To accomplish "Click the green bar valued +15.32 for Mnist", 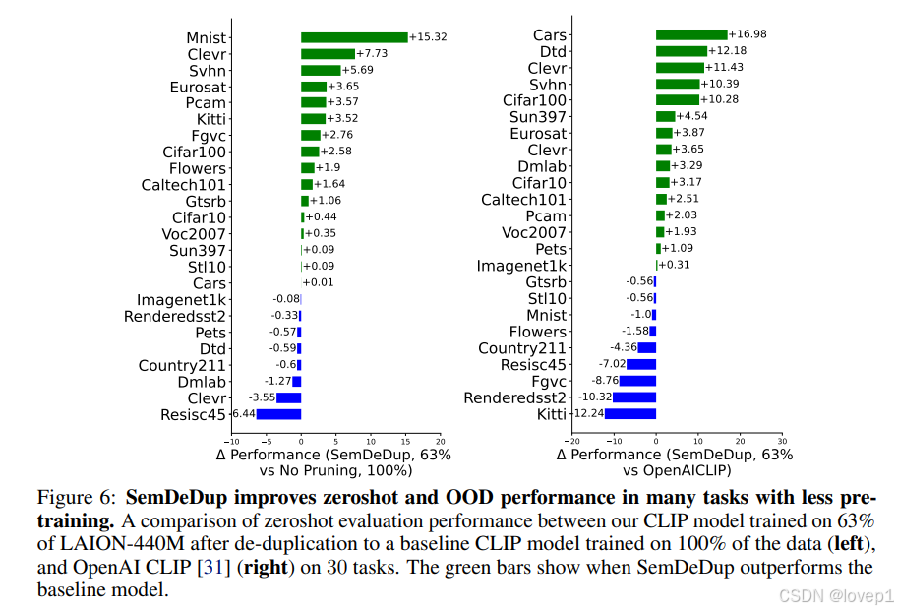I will [354, 37].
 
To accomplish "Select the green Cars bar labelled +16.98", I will [691, 34].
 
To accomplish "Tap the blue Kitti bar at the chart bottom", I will [629, 414].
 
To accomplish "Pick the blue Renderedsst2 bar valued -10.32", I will [634, 397].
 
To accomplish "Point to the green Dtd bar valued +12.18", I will [682, 51].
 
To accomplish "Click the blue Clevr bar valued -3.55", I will [288, 397].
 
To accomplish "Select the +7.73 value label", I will [372, 53].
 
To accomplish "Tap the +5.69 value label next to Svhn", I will [358, 70].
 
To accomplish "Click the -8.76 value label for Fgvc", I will [603, 381].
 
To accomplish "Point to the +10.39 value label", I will [719, 84].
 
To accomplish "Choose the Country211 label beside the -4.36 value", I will [522, 348].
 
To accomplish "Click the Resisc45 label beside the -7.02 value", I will [534, 365].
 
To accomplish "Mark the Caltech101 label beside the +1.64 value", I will [184, 185].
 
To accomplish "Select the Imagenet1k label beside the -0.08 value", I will [181, 299].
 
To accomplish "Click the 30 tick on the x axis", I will [782, 442].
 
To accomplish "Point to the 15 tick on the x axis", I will [405, 442].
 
